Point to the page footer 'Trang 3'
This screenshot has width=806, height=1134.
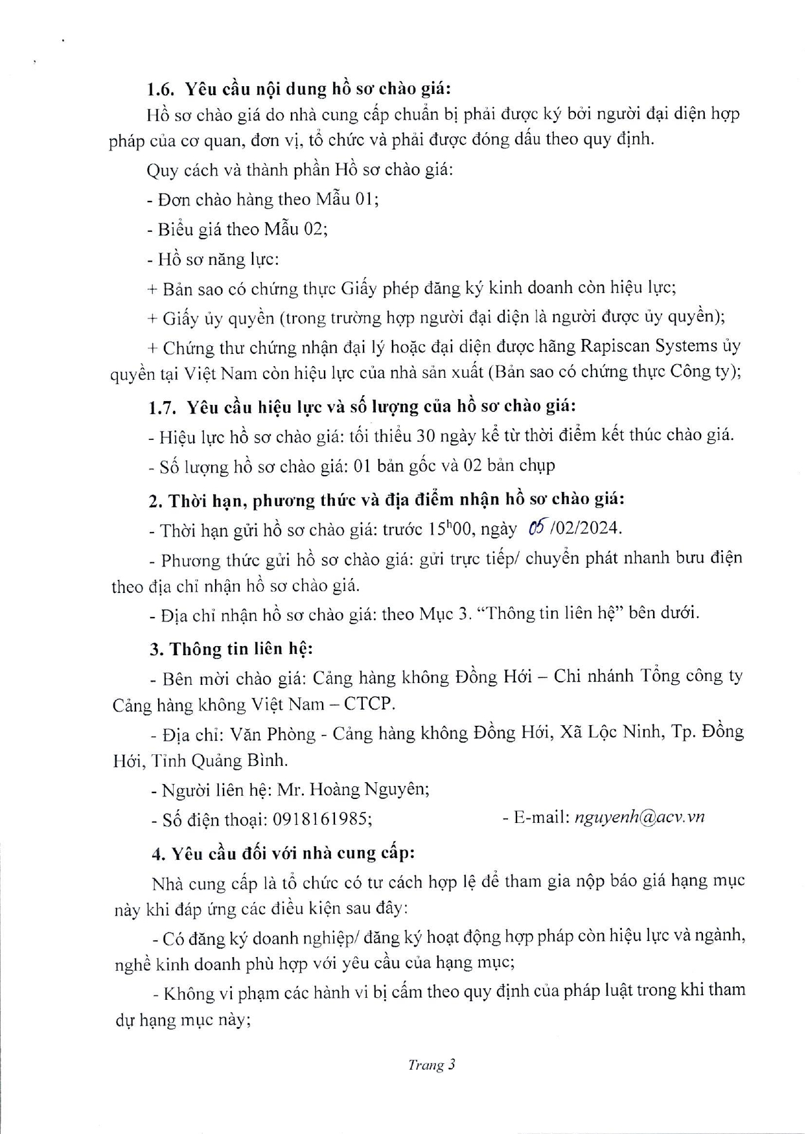tap(432, 1065)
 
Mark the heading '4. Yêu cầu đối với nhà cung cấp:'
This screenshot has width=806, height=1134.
tap(283, 853)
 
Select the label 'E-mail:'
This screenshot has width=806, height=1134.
tap(537, 817)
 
